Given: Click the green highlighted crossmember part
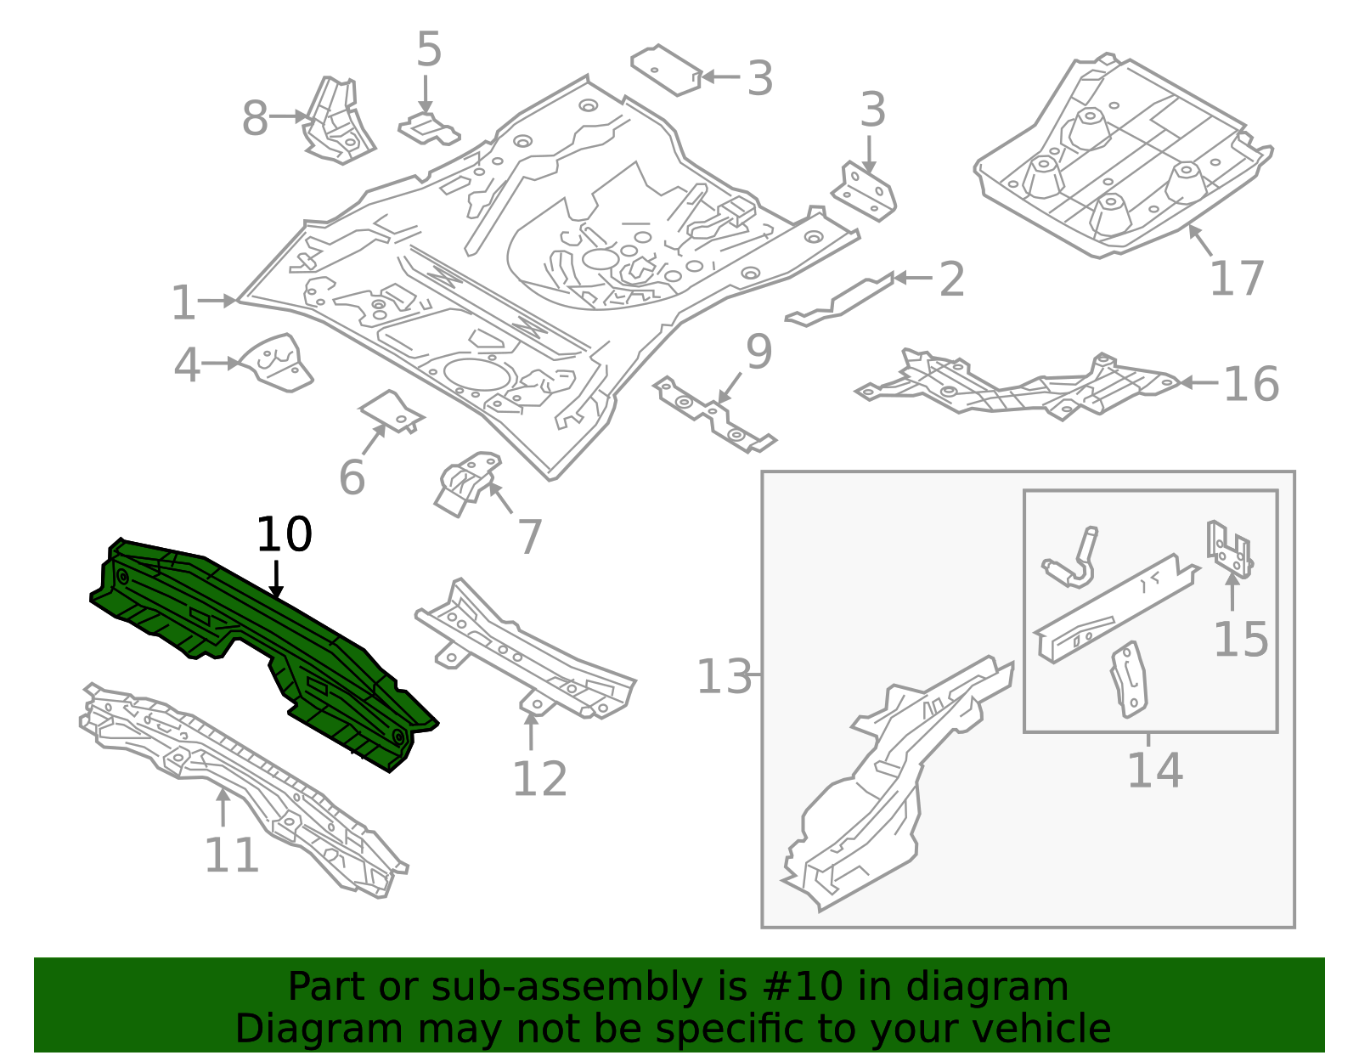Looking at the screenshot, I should (255, 646).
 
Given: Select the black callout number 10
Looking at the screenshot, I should (284, 535).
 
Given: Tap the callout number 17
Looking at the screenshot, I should (1237, 279).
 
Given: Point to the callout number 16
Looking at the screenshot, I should (1250, 384).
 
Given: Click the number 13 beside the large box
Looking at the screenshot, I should (724, 677).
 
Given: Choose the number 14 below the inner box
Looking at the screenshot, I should (1154, 770).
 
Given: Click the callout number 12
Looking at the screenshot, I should (539, 779).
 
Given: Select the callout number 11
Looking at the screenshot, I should (231, 855).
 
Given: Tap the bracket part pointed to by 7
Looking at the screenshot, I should (465, 484).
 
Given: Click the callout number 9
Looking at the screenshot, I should (758, 352).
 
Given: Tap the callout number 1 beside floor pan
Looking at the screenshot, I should (183, 303).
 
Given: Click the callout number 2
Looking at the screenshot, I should (951, 279).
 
